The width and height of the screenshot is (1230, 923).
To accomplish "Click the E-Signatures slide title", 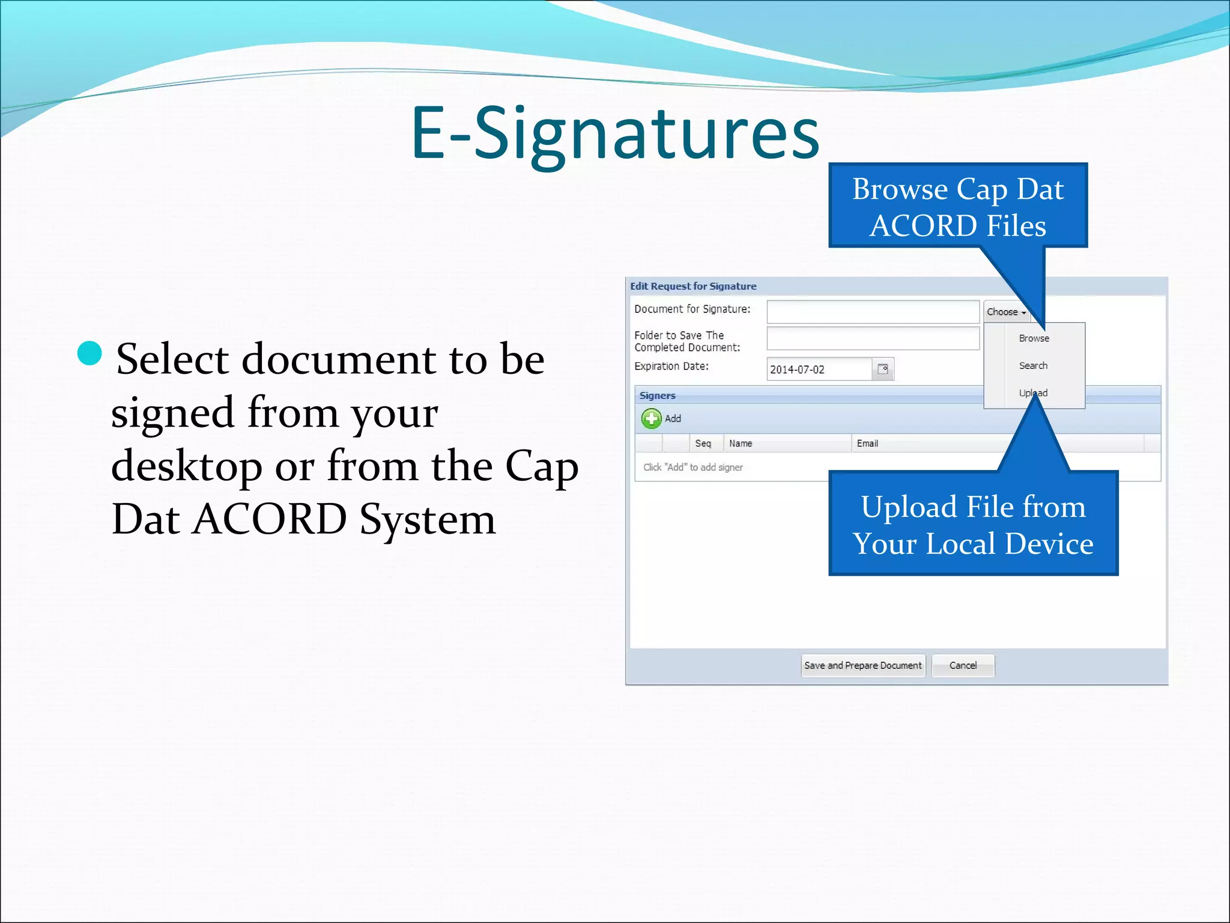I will point(614,133).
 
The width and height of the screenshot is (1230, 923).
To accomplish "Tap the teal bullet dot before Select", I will point(90,353).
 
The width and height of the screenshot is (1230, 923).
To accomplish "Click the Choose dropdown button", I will point(1007,312).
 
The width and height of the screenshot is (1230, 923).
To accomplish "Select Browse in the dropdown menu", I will point(1034,338).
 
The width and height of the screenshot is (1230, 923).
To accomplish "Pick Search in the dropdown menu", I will point(1033,365).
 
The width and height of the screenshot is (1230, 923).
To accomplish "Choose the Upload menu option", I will point(1033,393).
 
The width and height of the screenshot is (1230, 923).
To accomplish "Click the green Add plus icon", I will point(651,418).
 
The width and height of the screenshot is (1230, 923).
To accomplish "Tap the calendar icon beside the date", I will point(883,369).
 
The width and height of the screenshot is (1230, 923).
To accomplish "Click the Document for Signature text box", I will point(873,312).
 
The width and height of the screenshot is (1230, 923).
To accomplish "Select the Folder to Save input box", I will point(873,338).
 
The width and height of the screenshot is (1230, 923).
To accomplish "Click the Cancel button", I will point(963,665).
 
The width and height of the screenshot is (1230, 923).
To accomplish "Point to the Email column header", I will point(867,443).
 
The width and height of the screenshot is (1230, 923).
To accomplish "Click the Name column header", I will point(741,443).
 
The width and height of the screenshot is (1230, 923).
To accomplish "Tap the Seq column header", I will point(703,443).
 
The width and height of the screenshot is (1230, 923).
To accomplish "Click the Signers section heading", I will point(658,395).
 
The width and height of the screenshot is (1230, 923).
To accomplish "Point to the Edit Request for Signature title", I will point(693,286).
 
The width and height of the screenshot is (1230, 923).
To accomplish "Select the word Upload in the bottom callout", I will point(908,507).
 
